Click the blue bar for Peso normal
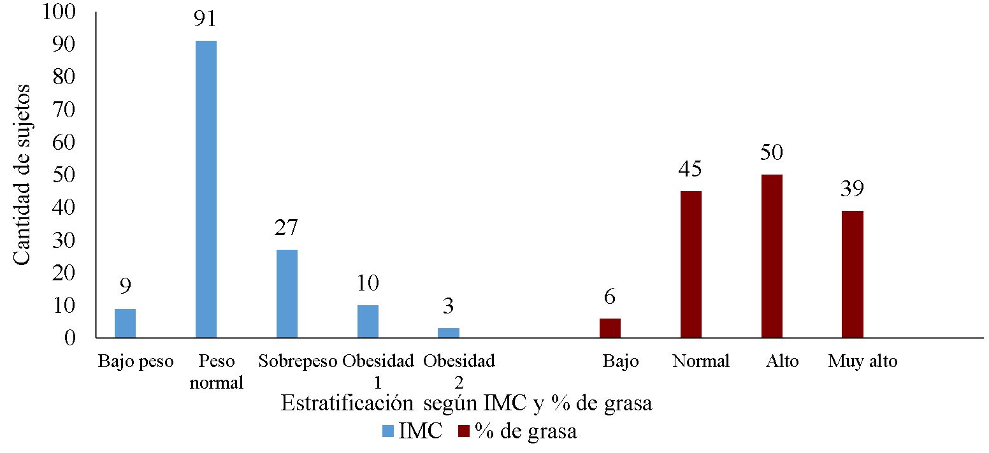(x=206, y=189)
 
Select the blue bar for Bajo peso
(x=125, y=323)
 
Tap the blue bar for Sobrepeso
(x=287, y=293)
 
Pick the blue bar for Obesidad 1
(x=368, y=321)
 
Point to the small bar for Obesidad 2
(x=449, y=333)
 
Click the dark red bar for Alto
(x=772, y=255)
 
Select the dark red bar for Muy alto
(x=853, y=274)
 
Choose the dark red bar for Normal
(x=691, y=264)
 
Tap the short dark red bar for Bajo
(x=610, y=327)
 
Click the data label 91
(x=206, y=19)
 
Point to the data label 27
(x=287, y=227)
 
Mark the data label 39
(x=853, y=189)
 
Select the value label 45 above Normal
(x=691, y=169)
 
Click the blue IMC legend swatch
(x=387, y=432)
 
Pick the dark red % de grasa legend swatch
(x=464, y=432)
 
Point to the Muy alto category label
(x=862, y=361)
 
